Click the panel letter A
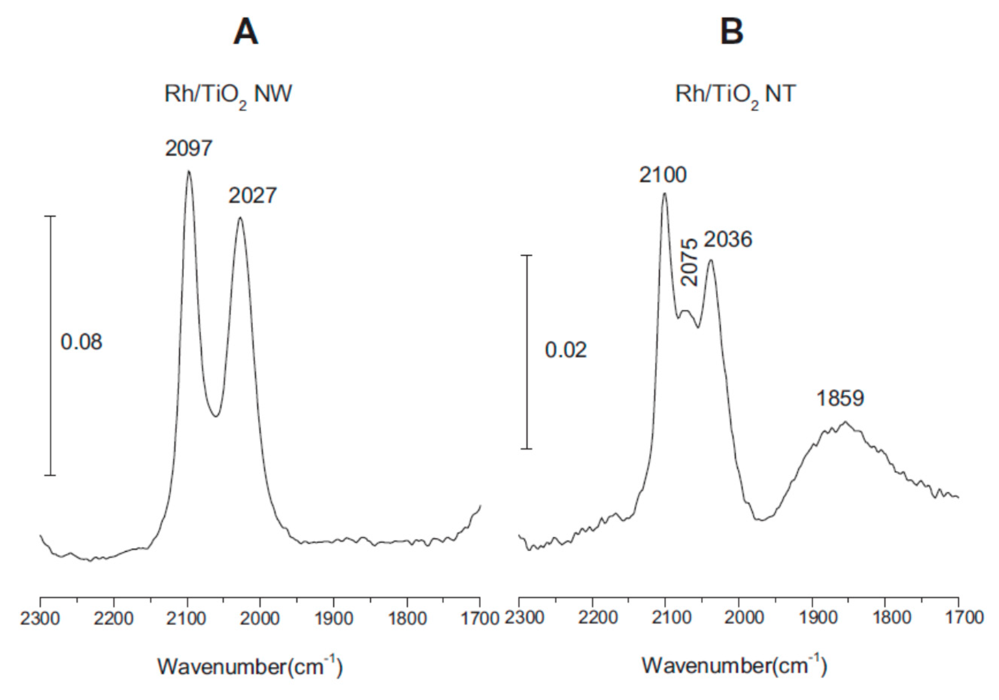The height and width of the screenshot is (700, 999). [x=246, y=33]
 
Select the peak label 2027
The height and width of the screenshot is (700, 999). [x=252, y=196]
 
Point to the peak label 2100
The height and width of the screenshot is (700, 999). [x=662, y=175]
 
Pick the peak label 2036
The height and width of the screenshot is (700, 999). [x=728, y=240]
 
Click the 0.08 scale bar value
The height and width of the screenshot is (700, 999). [x=81, y=342]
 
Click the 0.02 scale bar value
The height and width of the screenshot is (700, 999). [x=565, y=350]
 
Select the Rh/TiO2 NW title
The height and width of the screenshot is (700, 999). [x=228, y=94]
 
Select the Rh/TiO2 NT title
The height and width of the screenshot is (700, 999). [x=735, y=94]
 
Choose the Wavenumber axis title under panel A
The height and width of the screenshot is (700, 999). [x=250, y=667]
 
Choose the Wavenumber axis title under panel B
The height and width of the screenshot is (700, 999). [x=734, y=667]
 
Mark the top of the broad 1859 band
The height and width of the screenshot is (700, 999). [x=845, y=421]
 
